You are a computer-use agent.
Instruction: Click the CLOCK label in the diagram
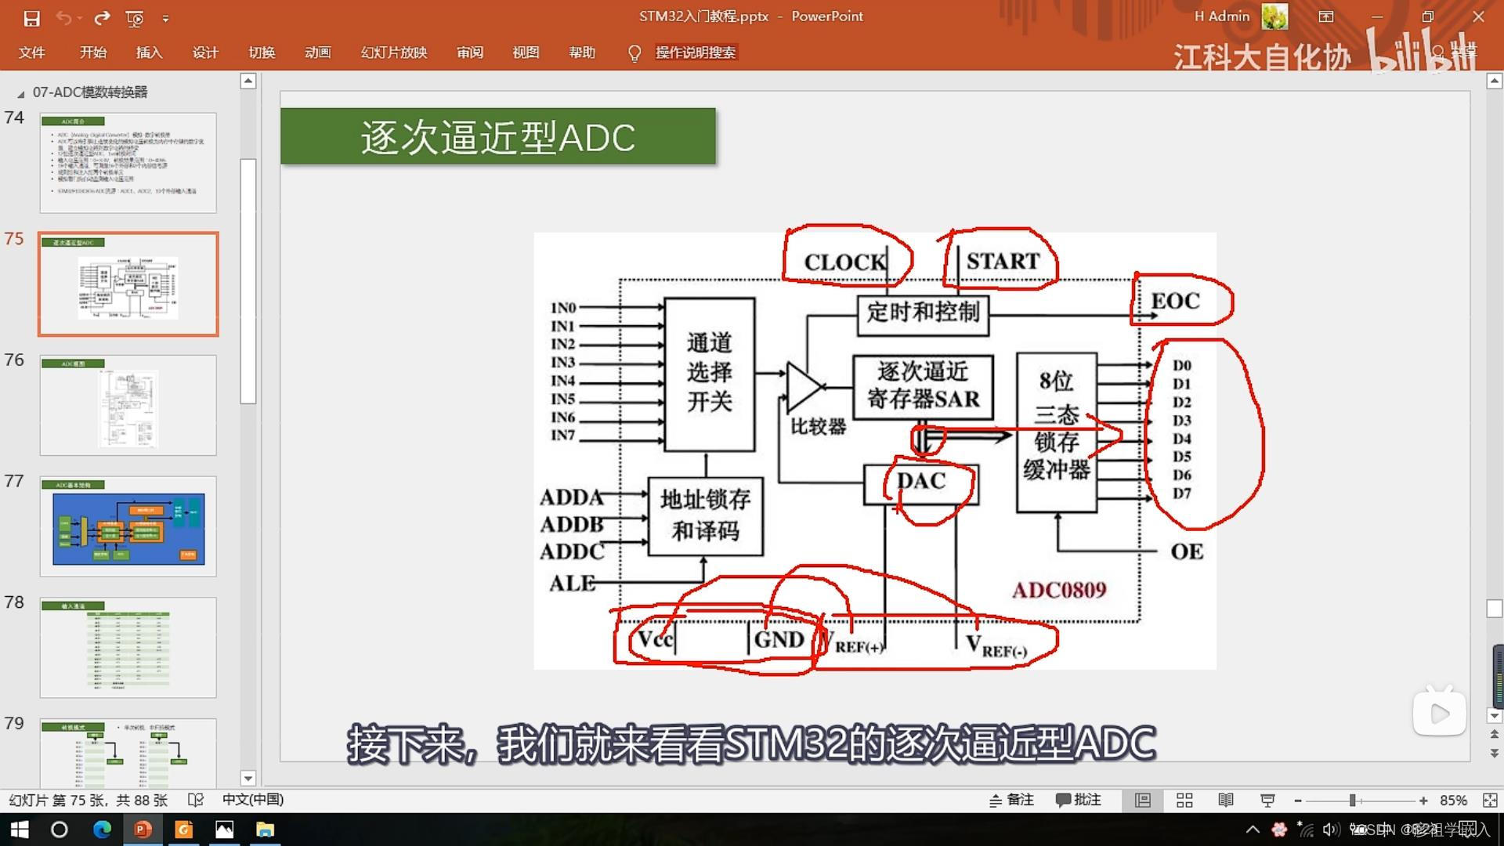click(x=844, y=262)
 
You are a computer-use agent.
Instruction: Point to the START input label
click(x=1003, y=261)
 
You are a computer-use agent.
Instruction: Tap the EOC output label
click(x=1175, y=301)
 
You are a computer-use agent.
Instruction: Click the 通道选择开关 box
click(x=709, y=374)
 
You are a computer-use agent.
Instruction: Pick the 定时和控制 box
click(x=923, y=313)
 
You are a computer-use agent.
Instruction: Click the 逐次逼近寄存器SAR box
click(x=923, y=385)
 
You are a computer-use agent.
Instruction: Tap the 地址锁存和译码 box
click(x=705, y=515)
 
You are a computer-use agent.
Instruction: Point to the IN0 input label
click(x=563, y=308)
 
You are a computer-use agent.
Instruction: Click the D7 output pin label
click(x=1181, y=493)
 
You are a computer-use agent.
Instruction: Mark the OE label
click(x=1187, y=552)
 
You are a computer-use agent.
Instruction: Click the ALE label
click(x=572, y=584)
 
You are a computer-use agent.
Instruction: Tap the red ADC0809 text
click(x=1059, y=590)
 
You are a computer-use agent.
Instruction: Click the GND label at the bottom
click(x=779, y=640)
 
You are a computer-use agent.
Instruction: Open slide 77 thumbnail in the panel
click(x=128, y=526)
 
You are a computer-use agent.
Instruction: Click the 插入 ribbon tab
click(x=149, y=52)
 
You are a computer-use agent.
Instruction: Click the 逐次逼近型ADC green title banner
click(x=497, y=137)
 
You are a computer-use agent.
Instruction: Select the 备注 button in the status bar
click(x=1011, y=800)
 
